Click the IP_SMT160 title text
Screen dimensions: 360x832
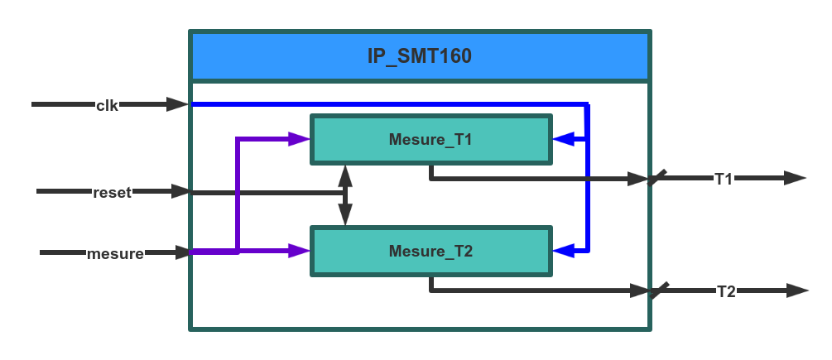pyautogui.click(x=419, y=56)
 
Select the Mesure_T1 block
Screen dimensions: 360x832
pyautogui.click(x=430, y=139)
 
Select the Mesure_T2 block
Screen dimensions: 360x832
pyautogui.click(x=430, y=251)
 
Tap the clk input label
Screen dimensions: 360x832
pyautogui.click(x=108, y=105)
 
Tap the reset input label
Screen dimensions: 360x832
pyautogui.click(x=112, y=192)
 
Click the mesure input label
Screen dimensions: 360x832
pyautogui.click(x=115, y=253)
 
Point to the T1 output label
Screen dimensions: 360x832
pyautogui.click(x=724, y=179)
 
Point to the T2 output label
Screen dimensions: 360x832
pyautogui.click(x=726, y=291)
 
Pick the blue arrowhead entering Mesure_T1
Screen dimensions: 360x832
pyautogui.click(x=564, y=139)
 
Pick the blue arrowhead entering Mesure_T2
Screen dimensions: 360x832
pyautogui.click(x=564, y=250)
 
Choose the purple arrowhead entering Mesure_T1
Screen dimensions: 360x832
pyautogui.click(x=299, y=139)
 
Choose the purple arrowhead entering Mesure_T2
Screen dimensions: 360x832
pyautogui.click(x=299, y=251)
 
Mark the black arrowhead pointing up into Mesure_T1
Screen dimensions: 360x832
pyautogui.click(x=345, y=175)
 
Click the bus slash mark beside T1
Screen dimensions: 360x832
pyautogui.click(x=657, y=177)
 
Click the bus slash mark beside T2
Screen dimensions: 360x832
pyautogui.click(x=660, y=290)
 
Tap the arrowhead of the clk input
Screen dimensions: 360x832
pyautogui.click(x=177, y=104)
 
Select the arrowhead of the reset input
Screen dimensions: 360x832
pyautogui.click(x=181, y=191)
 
